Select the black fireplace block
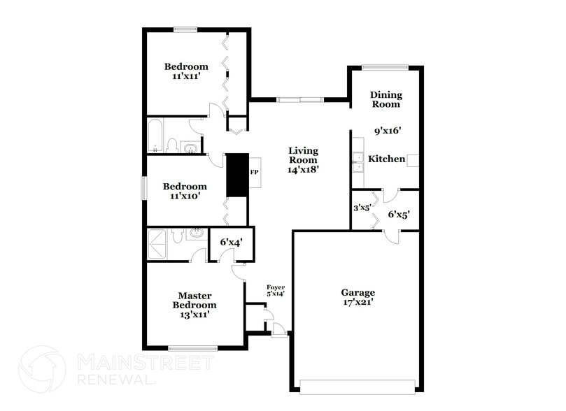coord(238,174)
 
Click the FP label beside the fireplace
coord(255,172)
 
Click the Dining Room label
coord(385,99)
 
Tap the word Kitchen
coord(386,159)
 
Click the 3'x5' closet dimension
coord(361,208)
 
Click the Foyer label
coord(276,287)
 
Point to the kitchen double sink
coord(358,162)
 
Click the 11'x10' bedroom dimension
coord(185,196)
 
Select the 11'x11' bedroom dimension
coord(186,77)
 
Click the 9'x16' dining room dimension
coord(386,130)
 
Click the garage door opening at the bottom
coord(358,384)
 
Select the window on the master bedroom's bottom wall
coord(192,348)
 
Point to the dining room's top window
coord(385,67)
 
